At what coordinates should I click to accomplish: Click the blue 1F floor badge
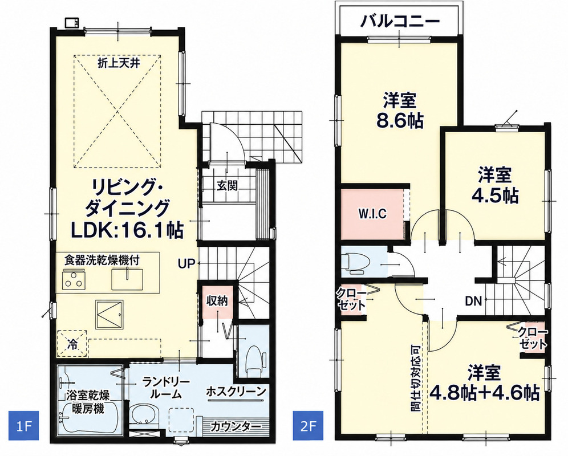click(x=23, y=425)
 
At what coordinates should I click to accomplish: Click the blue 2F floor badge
click(x=307, y=425)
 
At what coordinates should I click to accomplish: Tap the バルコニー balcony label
click(x=400, y=21)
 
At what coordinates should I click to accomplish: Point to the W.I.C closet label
click(x=372, y=214)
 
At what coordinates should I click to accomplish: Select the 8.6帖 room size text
click(x=400, y=121)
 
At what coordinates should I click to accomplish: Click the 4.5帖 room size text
click(x=494, y=196)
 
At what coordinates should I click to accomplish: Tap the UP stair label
click(x=186, y=264)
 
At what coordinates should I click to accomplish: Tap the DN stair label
click(x=473, y=301)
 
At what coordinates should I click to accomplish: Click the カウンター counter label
click(x=236, y=427)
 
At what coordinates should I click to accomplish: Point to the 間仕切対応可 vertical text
click(x=416, y=377)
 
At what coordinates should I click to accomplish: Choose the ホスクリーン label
click(x=236, y=391)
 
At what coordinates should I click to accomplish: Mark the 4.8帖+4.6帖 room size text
click(x=485, y=392)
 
